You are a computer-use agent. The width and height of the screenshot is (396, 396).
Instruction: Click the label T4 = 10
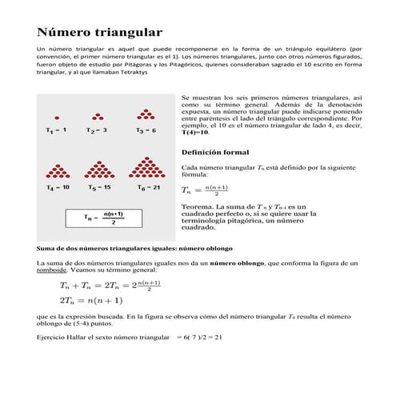pos(58,187)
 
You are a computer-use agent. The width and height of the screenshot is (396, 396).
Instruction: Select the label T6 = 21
pos(149,187)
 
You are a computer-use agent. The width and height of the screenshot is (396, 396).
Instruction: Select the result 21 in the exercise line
pos(217,337)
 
